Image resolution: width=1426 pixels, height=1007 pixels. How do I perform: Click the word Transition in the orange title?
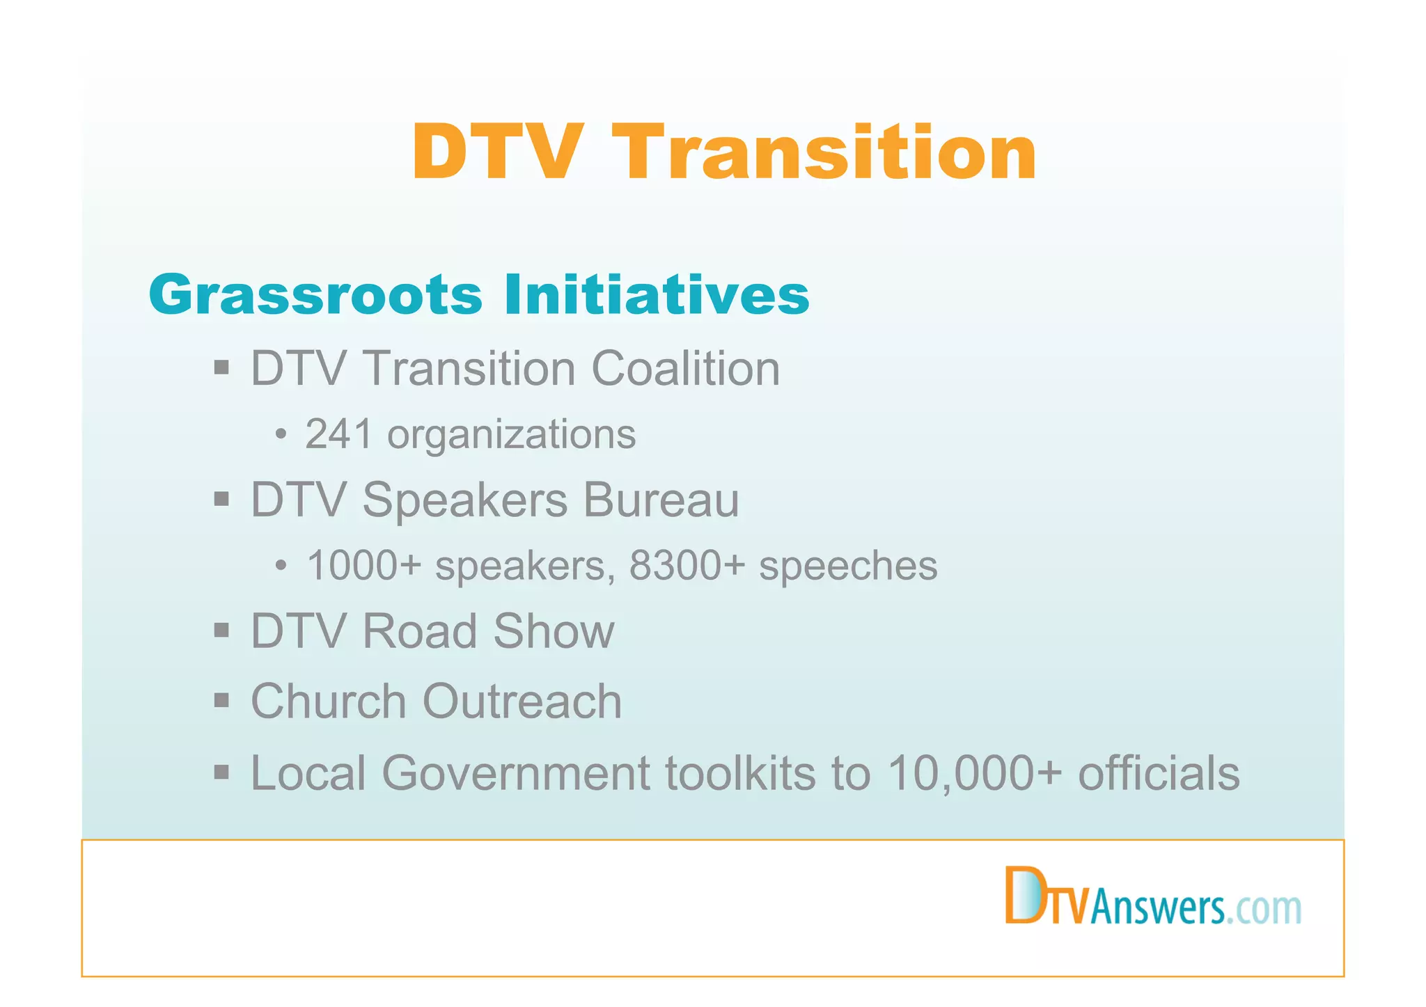[x=826, y=152]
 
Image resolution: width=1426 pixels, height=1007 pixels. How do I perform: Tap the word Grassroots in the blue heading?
[x=315, y=295]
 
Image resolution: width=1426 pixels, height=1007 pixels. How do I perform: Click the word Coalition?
[x=686, y=368]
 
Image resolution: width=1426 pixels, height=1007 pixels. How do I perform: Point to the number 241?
[x=339, y=434]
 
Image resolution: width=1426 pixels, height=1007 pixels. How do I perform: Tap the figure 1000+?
[x=364, y=565]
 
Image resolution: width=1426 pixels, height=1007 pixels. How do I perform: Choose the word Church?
[x=329, y=701]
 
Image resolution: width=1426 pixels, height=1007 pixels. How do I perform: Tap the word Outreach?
[x=522, y=701]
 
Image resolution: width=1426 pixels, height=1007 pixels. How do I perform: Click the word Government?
[x=515, y=773]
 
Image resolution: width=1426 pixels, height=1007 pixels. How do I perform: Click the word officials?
[x=1159, y=773]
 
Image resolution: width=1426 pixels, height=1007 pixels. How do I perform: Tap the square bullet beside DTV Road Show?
[x=221, y=631]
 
